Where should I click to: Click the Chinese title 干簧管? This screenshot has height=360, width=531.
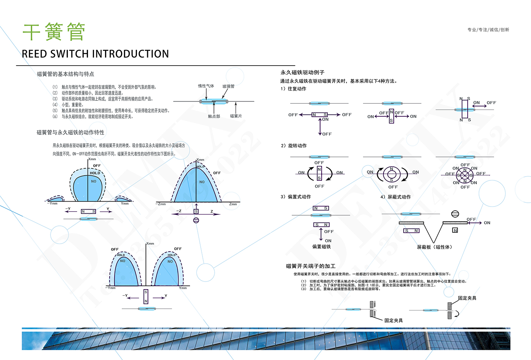(x=53, y=32)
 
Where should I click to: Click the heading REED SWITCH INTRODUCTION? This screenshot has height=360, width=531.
(x=95, y=54)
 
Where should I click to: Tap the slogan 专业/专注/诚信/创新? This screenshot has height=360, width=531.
(x=488, y=30)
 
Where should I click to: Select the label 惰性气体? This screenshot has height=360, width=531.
(x=206, y=86)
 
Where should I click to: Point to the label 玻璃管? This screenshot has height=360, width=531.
(x=228, y=86)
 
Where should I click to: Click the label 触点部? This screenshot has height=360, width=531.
(x=214, y=116)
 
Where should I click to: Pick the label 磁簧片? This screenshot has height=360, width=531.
(x=236, y=116)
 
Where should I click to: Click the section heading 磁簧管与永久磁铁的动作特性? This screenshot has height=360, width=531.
(x=70, y=132)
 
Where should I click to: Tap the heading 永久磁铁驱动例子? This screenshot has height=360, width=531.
(x=302, y=72)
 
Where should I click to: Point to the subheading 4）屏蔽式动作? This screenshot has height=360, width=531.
(x=396, y=197)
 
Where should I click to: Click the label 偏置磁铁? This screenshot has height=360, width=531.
(x=321, y=246)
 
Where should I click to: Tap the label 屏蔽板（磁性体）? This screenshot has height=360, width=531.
(x=434, y=247)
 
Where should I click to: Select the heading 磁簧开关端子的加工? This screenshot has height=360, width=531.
(x=310, y=266)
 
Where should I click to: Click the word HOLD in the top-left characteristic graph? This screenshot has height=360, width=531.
(x=95, y=173)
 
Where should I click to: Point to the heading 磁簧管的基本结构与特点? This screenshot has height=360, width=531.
(x=65, y=74)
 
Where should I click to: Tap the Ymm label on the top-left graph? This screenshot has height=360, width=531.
(x=125, y=203)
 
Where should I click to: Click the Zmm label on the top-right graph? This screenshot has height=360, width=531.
(x=233, y=204)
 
